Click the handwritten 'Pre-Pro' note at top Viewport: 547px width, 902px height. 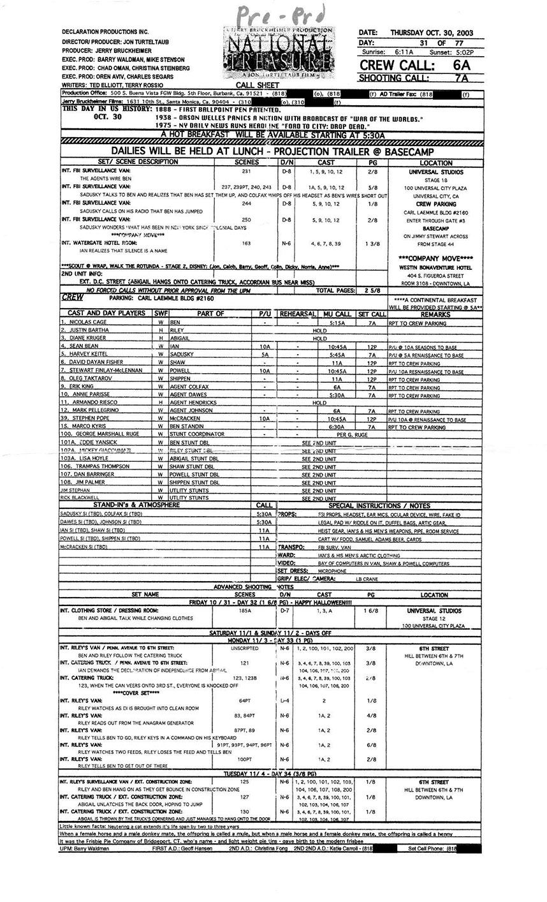click(281, 13)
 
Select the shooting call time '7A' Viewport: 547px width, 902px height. click(462, 78)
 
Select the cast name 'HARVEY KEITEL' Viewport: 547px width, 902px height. click(89, 355)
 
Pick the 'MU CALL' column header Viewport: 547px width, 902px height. click(337, 314)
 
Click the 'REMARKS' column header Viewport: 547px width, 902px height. click(435, 314)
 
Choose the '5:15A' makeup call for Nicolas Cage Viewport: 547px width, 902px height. click(337, 322)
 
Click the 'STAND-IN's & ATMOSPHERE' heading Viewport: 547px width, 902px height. click(119, 505)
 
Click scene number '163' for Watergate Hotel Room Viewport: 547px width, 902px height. click(247, 243)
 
